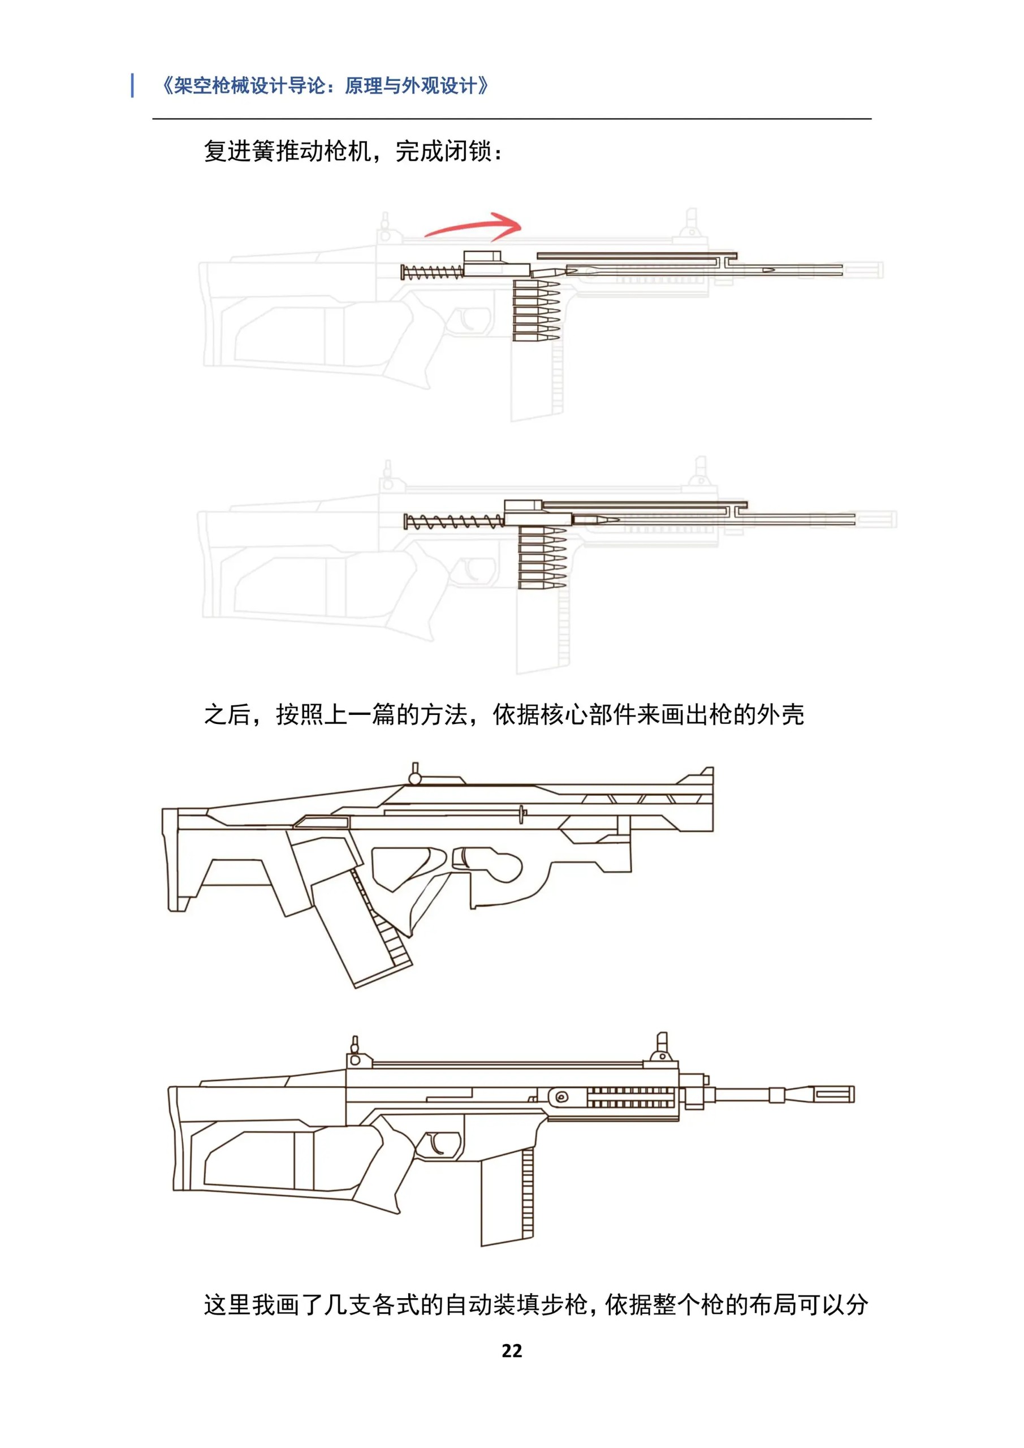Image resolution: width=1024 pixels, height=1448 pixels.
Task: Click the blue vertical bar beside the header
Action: (132, 85)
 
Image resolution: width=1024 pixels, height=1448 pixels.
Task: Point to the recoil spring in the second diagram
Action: (454, 522)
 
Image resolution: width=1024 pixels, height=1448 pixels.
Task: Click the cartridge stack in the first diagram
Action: (536, 311)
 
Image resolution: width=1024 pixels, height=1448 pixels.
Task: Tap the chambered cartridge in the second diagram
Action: (596, 520)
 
